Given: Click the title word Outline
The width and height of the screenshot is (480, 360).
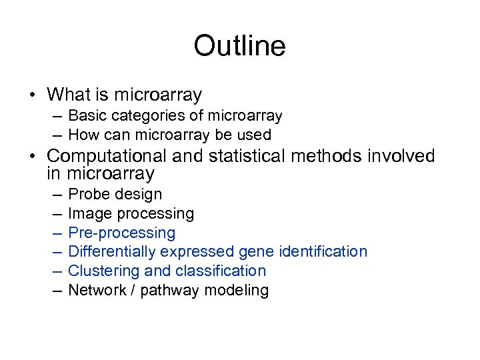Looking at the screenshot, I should click(x=239, y=46).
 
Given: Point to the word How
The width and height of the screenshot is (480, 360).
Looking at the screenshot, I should click(x=83, y=135).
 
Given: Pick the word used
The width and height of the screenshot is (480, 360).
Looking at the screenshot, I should click(x=253, y=135).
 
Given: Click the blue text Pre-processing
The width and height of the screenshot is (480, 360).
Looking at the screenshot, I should click(x=122, y=233).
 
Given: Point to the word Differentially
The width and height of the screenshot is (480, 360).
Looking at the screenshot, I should click(x=109, y=252).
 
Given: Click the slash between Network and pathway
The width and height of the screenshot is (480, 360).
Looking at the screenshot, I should click(x=137, y=290).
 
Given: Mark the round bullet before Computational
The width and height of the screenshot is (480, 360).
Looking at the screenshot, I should click(x=33, y=157).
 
